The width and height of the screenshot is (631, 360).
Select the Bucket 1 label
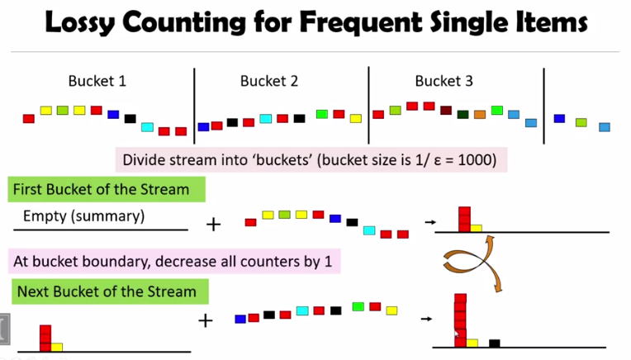coord(97,81)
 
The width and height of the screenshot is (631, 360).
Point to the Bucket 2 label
coord(269,81)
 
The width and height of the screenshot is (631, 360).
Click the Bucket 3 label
coord(444,81)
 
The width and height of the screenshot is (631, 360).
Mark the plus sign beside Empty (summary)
coord(212,223)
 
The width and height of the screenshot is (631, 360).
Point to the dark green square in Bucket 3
coord(463,115)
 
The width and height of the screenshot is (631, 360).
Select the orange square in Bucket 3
coord(480,114)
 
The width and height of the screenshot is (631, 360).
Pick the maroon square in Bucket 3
coord(446,111)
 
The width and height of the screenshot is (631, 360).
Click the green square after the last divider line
coord(581,122)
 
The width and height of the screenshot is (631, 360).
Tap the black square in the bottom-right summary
coord(494,343)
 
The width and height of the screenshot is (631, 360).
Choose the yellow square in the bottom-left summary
coord(57,347)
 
